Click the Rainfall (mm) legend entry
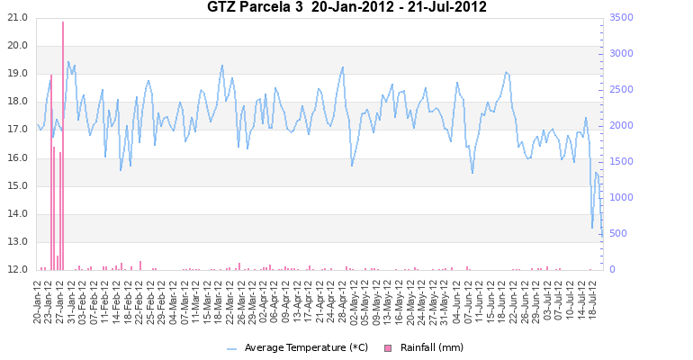click(x=431, y=347)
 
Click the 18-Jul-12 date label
click(x=594, y=300)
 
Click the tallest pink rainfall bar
click(x=63, y=144)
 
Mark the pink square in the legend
click(x=389, y=348)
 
